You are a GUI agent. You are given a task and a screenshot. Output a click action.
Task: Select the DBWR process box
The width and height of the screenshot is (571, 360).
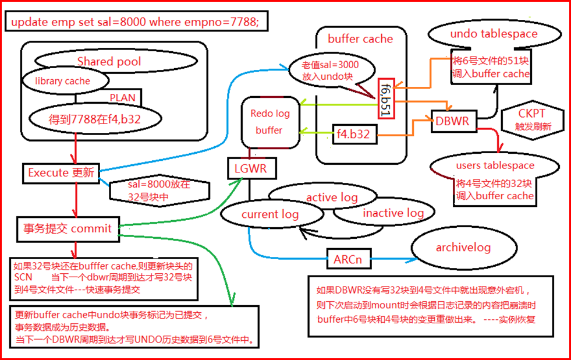(x=452, y=122)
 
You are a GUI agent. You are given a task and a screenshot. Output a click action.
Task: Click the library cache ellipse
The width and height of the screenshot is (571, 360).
(x=63, y=82)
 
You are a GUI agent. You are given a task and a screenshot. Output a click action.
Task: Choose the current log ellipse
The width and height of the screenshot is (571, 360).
(x=269, y=214)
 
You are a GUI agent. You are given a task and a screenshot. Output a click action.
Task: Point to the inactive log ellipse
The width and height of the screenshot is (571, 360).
(x=393, y=213)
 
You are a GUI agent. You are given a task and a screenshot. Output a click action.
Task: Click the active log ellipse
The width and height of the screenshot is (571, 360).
(x=332, y=197)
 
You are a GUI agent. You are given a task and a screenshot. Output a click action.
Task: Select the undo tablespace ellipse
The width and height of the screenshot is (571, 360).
(x=494, y=34)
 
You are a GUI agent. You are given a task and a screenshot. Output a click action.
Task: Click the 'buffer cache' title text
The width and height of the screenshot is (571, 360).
(x=360, y=40)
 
